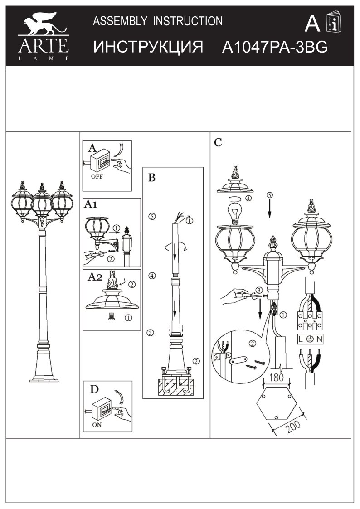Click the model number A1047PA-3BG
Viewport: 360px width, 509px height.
[x=275, y=48]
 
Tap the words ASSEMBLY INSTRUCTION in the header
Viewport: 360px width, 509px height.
[x=157, y=21]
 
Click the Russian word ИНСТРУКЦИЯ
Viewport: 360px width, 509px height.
[x=148, y=48]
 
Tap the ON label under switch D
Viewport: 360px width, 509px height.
[x=97, y=426]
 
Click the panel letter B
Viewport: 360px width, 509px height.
[x=152, y=178]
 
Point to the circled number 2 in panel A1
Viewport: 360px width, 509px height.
[x=110, y=259]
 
